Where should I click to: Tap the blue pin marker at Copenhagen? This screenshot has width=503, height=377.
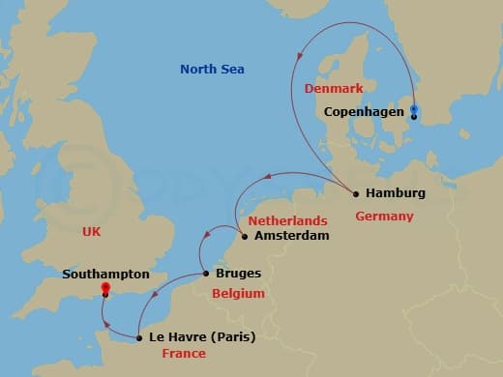(x=414, y=108)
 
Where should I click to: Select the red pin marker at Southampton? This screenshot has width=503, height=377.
(x=105, y=288)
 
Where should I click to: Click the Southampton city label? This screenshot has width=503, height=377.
(x=105, y=275)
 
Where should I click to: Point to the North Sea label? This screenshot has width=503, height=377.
(x=212, y=70)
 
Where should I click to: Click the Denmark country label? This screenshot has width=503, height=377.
(x=334, y=89)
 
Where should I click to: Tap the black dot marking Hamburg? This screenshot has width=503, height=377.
(x=356, y=193)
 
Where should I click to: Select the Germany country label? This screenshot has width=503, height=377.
(x=384, y=216)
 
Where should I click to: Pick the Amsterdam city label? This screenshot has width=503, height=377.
(x=289, y=236)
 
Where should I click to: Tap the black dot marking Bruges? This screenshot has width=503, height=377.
(x=206, y=274)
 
